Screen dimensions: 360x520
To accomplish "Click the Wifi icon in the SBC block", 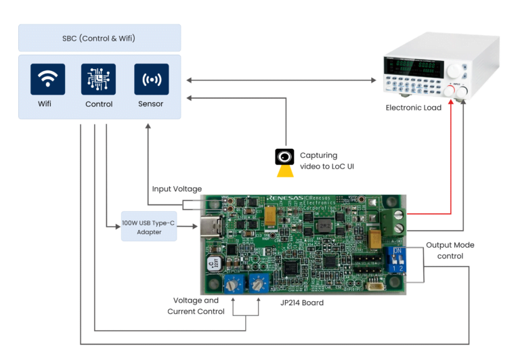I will pos(47,80).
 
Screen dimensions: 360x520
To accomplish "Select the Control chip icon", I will pos(98,80).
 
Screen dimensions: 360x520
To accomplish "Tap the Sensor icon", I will pos(150,80).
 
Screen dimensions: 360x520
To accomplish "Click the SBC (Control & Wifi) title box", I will pos(100,38).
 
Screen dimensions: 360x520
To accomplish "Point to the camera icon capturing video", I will pos(284,158).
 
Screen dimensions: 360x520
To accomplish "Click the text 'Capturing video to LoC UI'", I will pos(327,160).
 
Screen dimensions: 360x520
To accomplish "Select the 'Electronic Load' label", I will pos(413,108).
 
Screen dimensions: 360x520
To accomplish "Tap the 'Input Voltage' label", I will pos(177,189).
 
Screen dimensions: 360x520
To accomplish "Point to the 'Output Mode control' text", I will pos(449,250).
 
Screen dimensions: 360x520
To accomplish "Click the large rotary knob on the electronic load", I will pos(452,70).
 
